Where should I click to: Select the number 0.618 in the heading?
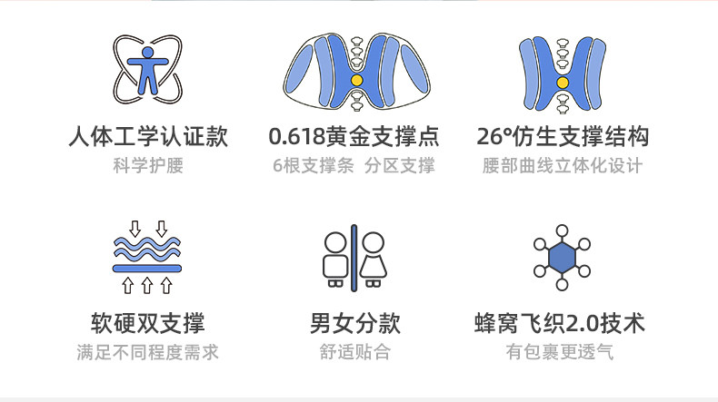click(x=298, y=138)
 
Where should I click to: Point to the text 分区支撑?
click(x=400, y=166)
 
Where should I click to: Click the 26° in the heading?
click(x=496, y=138)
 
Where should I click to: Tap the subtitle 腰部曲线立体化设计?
click(x=563, y=166)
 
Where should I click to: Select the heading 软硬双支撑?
click(x=147, y=323)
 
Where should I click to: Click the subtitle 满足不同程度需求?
click(x=147, y=352)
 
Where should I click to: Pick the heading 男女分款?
click(x=354, y=323)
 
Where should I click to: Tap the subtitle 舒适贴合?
click(x=354, y=352)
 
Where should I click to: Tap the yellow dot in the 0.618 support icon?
click(x=356, y=81)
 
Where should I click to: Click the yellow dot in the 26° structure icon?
click(x=563, y=80)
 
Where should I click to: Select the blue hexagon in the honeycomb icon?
click(x=562, y=258)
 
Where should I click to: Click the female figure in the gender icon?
click(x=373, y=259)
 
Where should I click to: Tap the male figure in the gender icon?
click(x=334, y=259)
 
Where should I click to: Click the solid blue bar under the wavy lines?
click(x=147, y=269)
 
